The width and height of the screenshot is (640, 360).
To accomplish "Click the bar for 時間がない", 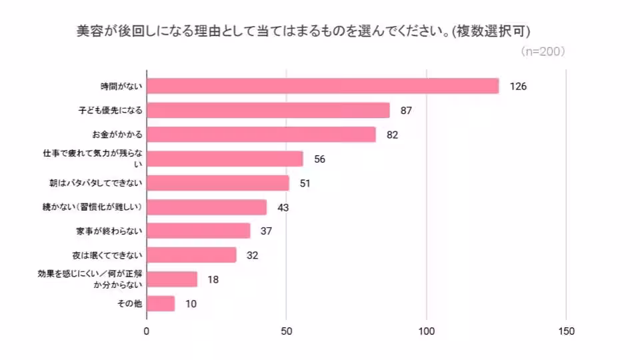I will pyautogui.click(x=323, y=86).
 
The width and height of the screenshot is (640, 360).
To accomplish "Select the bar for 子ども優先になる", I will pyautogui.click(x=268, y=110).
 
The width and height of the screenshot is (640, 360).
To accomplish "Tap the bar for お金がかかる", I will pyautogui.click(x=261, y=135).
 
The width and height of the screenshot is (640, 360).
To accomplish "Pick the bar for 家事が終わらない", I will pyautogui.click(x=199, y=231).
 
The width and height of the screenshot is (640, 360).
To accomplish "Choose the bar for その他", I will pyautogui.click(x=161, y=303).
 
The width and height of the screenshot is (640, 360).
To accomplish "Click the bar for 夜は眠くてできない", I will pyautogui.click(x=191, y=255).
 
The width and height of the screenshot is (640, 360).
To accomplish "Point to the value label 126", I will pyautogui.click(x=519, y=86).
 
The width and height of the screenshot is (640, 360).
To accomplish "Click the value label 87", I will pyautogui.click(x=407, y=110).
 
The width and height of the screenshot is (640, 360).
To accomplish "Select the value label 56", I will pyautogui.click(x=320, y=159).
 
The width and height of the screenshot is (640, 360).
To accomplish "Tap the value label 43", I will pyautogui.click(x=283, y=207).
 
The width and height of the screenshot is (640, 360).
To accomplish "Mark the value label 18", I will pyautogui.click(x=213, y=279).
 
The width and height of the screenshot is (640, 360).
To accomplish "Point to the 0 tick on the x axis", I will pyautogui.click(x=147, y=331).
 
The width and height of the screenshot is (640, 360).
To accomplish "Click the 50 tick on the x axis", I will pyautogui.click(x=287, y=331).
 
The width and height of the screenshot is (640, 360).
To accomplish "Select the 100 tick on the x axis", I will pyautogui.click(x=427, y=331).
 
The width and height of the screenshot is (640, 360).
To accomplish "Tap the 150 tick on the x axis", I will pyautogui.click(x=566, y=331).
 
